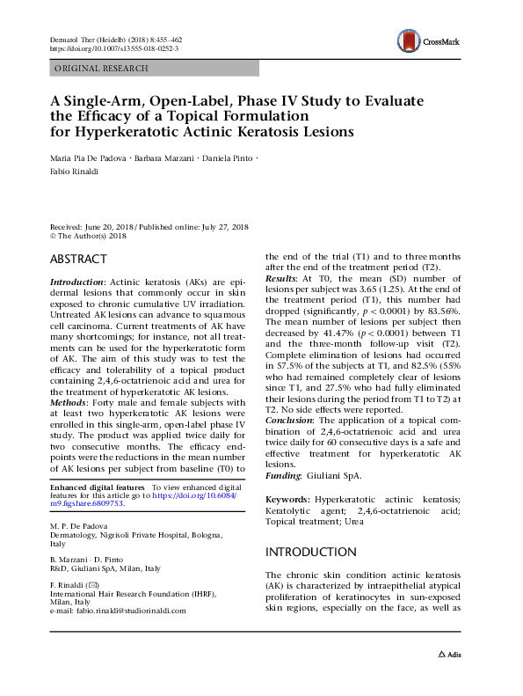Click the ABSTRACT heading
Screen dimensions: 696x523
click(78, 259)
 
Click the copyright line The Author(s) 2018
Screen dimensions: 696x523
click(92, 235)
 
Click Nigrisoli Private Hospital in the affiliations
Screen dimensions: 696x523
click(142, 534)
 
